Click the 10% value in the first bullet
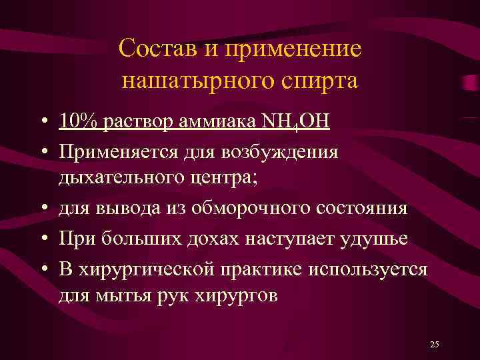[77, 123]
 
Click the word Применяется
[119, 152]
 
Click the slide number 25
[435, 344]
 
